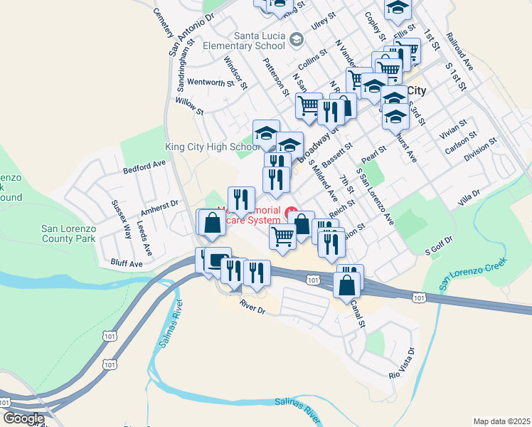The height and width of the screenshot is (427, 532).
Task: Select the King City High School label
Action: point(211,147)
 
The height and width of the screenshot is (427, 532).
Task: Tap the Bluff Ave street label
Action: point(127,263)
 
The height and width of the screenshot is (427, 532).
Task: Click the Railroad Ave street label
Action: point(459,51)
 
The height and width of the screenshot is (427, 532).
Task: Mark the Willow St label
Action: point(189,107)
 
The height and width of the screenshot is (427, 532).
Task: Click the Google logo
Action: point(23,418)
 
